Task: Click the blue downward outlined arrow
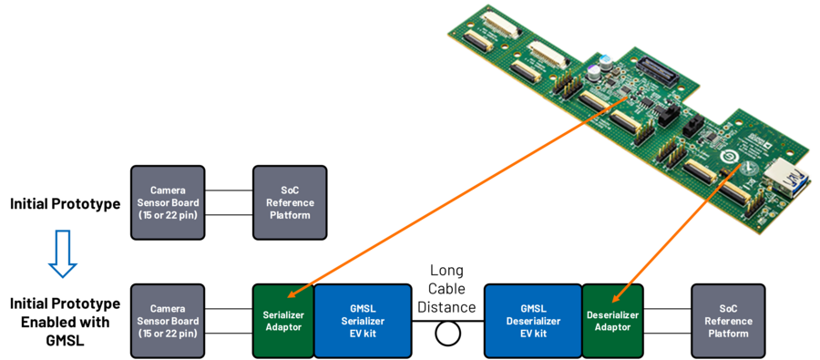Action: click(x=62, y=253)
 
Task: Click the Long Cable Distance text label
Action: click(x=447, y=289)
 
